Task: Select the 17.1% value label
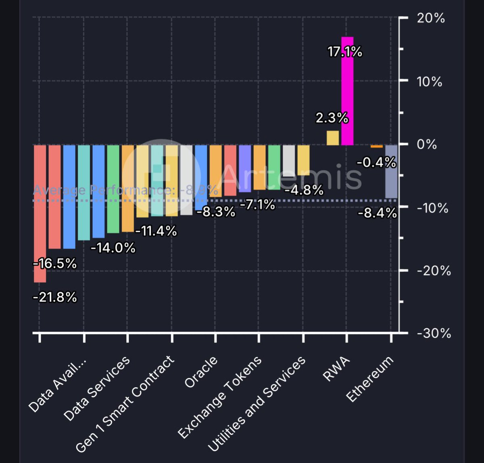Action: pos(345,52)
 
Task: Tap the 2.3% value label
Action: pos(332,118)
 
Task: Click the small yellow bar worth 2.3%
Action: pos(332,138)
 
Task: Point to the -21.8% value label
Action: pos(55,298)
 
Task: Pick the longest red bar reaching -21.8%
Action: pos(40,214)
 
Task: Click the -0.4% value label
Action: pos(376,163)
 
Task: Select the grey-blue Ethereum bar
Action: pos(391,171)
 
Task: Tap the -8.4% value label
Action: pos(377,213)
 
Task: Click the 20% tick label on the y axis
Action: pos(431,18)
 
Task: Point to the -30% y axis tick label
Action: pos(434,334)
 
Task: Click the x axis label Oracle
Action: pos(201,372)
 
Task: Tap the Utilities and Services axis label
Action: pos(257,404)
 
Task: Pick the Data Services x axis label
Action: pos(97,388)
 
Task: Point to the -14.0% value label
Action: pos(113,248)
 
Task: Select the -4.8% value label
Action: pos(304,190)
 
